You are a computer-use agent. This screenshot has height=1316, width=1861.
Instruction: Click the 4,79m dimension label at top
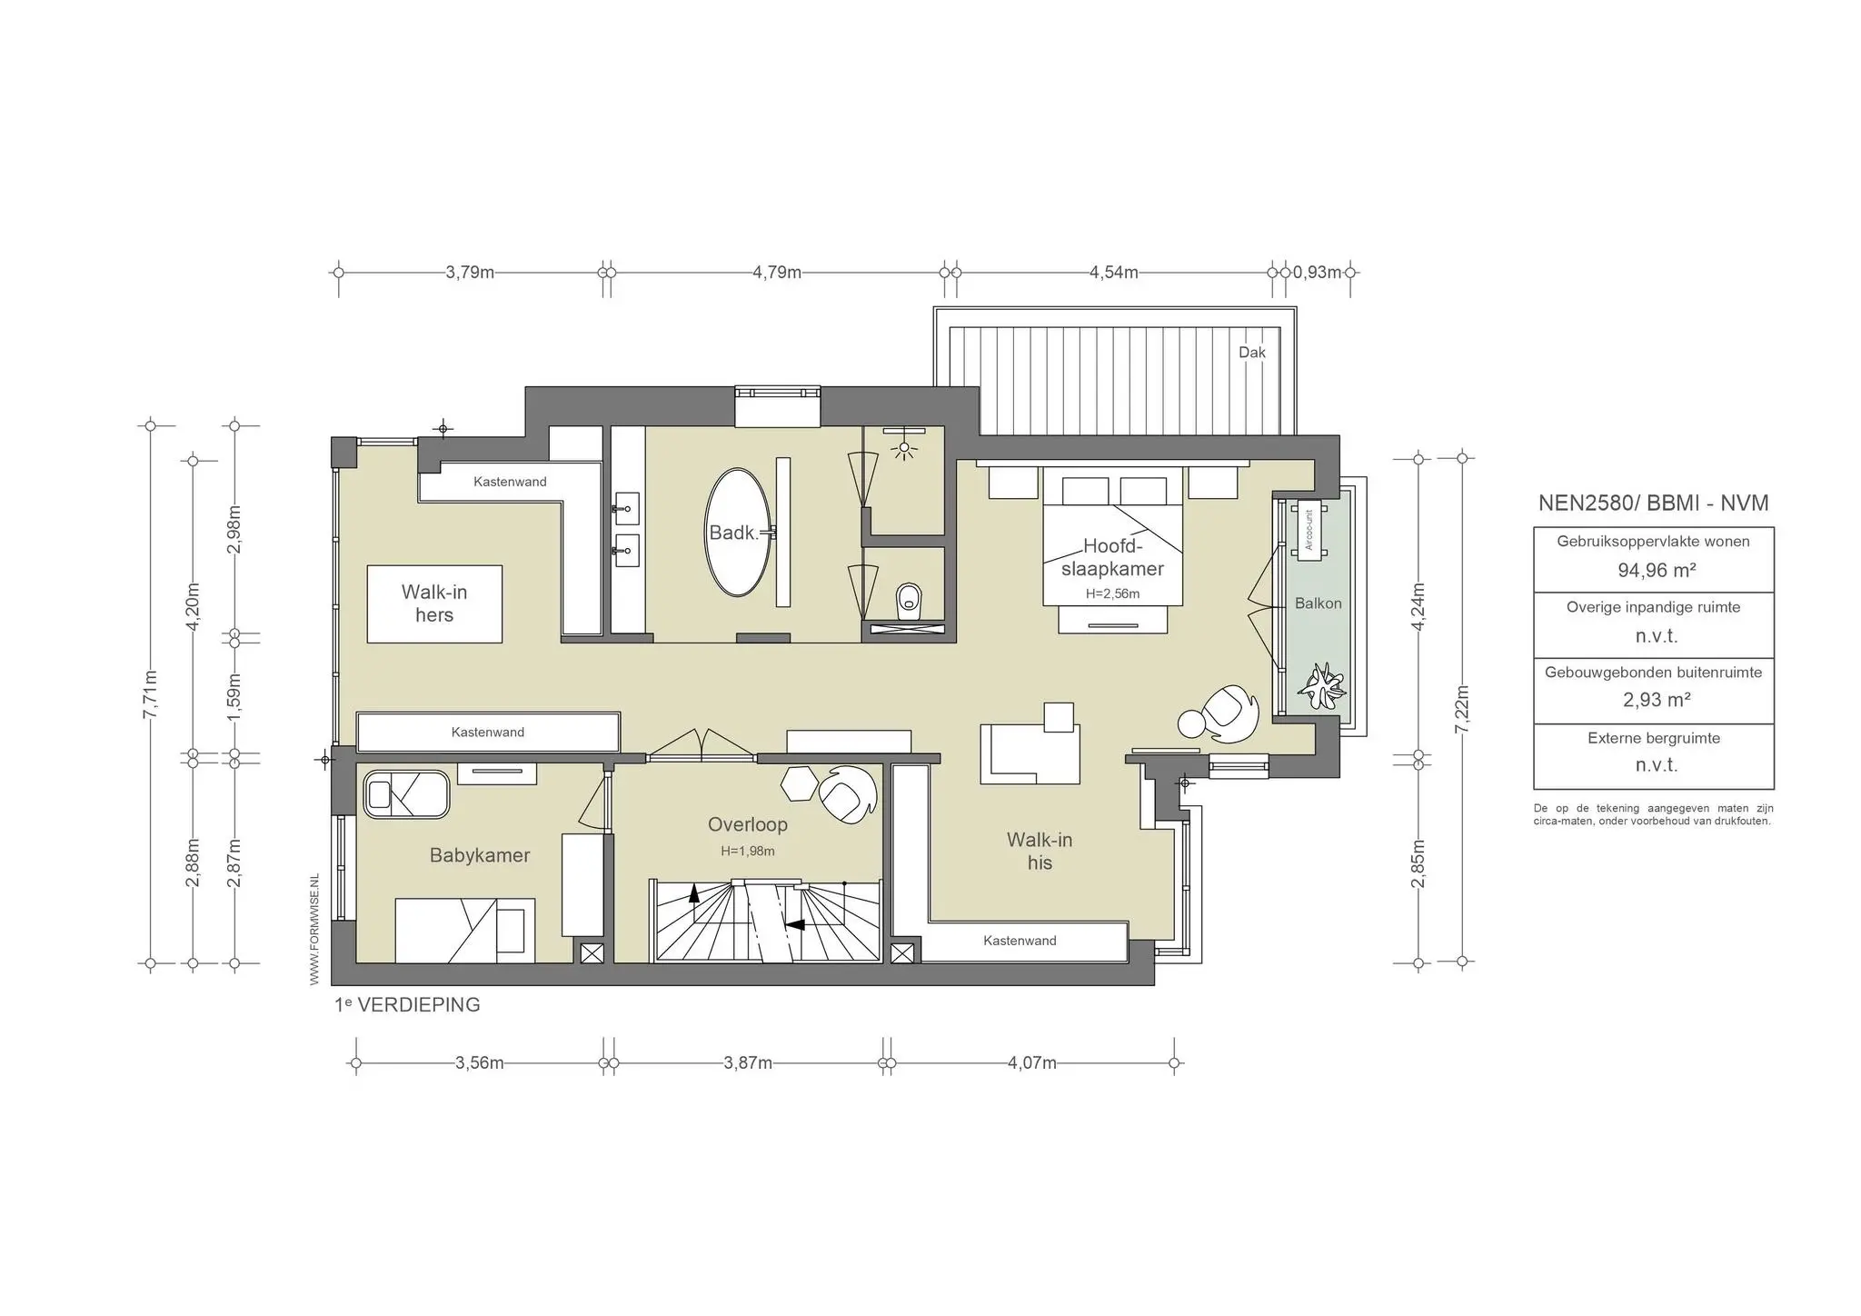coord(777,273)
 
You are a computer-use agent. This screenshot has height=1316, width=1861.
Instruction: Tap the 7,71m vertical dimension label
coord(151,693)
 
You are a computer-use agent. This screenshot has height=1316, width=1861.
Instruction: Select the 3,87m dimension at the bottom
coord(748,1063)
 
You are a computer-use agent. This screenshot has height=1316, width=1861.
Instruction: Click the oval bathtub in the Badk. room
coord(738,533)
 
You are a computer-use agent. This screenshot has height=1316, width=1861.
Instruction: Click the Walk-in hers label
coord(434,603)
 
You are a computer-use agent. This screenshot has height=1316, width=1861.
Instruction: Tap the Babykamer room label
coord(480,855)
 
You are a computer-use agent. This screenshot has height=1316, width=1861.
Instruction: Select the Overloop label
coord(748,824)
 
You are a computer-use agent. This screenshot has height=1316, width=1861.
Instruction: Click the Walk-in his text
coord(1040,851)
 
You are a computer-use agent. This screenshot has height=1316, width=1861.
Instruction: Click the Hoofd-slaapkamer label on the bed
coord(1112,557)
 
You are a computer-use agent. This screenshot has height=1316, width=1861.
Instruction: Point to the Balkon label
coord(1318,603)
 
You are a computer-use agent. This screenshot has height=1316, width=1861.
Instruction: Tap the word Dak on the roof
coord(1251,353)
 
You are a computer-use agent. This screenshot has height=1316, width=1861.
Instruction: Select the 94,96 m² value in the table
coord(1657,571)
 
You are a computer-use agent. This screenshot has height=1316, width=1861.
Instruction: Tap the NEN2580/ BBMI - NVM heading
coord(1653,503)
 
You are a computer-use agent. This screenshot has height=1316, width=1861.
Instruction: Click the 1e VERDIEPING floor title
coord(407,1005)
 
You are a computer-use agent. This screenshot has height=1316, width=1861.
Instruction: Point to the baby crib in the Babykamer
coord(407,794)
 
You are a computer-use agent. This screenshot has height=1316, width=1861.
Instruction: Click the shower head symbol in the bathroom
coord(904,448)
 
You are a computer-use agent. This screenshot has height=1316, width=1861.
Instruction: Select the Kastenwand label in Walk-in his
coord(1020,941)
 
